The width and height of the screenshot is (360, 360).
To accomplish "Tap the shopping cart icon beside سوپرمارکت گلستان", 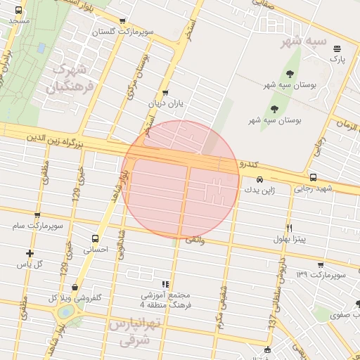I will click(x=123, y=21).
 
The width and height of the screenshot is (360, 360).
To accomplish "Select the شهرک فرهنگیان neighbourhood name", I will click(x=70, y=79).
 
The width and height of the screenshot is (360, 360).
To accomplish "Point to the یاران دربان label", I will click(x=165, y=103).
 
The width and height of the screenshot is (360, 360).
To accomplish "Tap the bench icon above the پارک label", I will click(x=337, y=49).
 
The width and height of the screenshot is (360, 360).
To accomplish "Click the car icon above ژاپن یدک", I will click(x=260, y=179).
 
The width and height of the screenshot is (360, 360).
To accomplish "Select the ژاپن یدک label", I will click(x=260, y=190).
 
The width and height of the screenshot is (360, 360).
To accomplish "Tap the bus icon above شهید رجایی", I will click(x=313, y=177).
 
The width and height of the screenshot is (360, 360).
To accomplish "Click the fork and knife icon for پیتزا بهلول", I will click(x=289, y=228).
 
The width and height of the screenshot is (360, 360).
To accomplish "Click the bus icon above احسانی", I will click(x=96, y=238).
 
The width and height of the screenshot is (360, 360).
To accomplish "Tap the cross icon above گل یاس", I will click(x=30, y=253).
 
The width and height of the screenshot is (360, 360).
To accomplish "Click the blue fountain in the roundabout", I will click(x=65, y=310).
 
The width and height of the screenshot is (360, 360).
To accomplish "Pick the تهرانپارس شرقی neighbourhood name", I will click(x=136, y=332).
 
